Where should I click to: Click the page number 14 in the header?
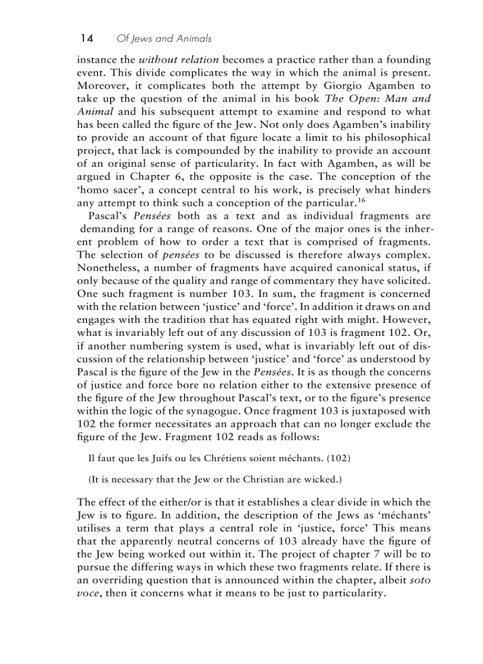tap(86, 38)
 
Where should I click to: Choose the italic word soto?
tap(420, 581)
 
